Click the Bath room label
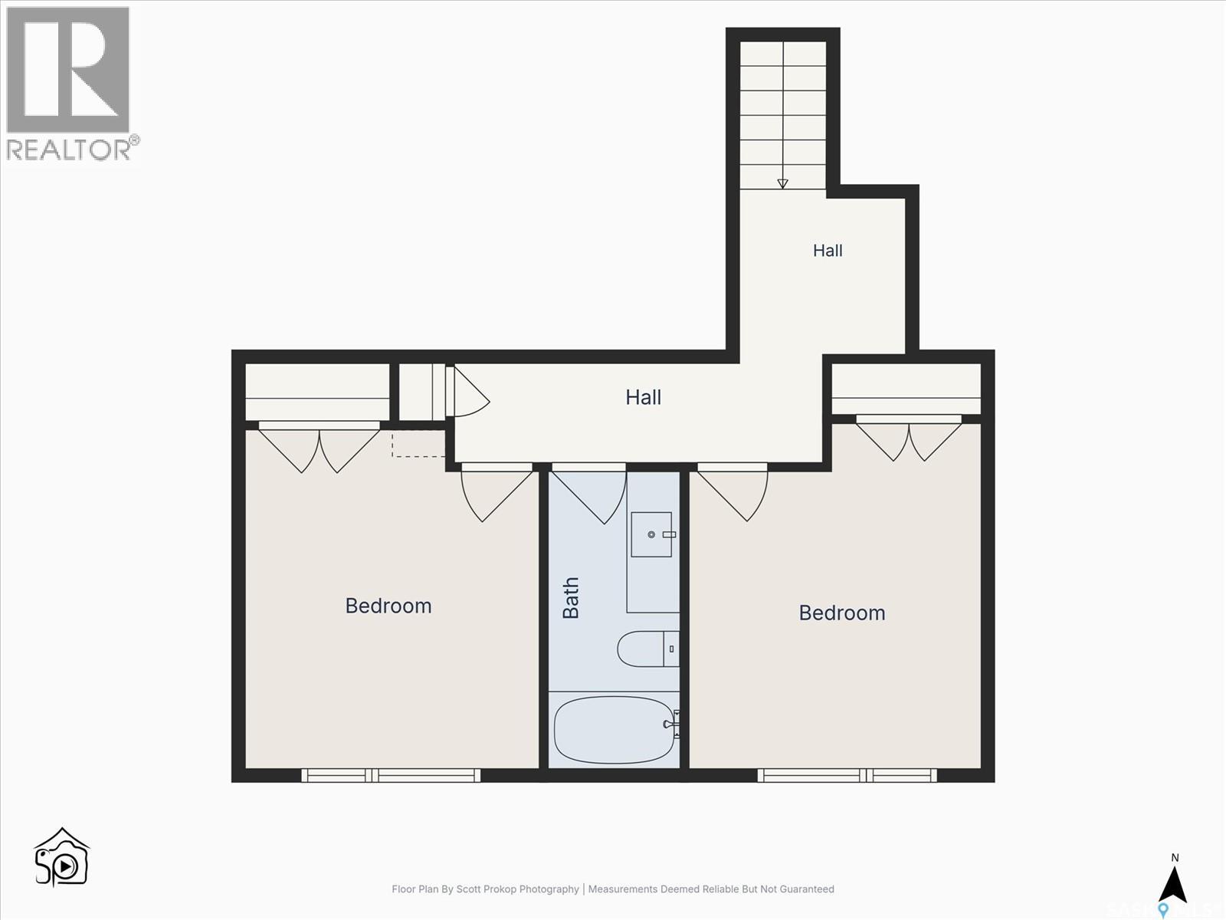[570, 598]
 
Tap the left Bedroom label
[388, 606]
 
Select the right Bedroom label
[841, 613]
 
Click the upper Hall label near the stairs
[828, 250]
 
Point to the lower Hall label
[643, 397]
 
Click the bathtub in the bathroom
[615, 730]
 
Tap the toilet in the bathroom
[648, 649]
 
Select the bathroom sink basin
[651, 534]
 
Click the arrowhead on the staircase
[782, 183]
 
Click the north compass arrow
[1175, 884]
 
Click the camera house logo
[61, 857]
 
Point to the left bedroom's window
[391, 775]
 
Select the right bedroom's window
[847, 775]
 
